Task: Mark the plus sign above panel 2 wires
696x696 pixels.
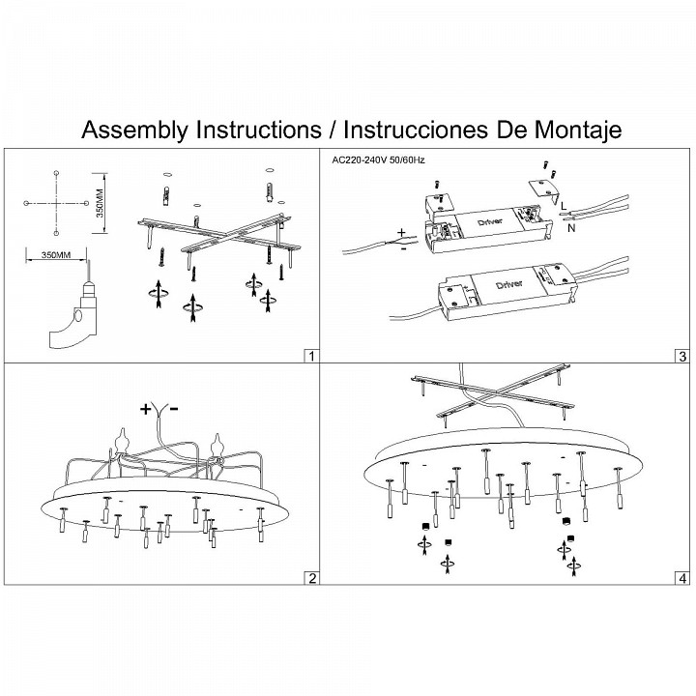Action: coord(146,409)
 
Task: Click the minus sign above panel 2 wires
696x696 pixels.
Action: coord(173,409)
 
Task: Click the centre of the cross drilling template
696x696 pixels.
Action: coord(57,203)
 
